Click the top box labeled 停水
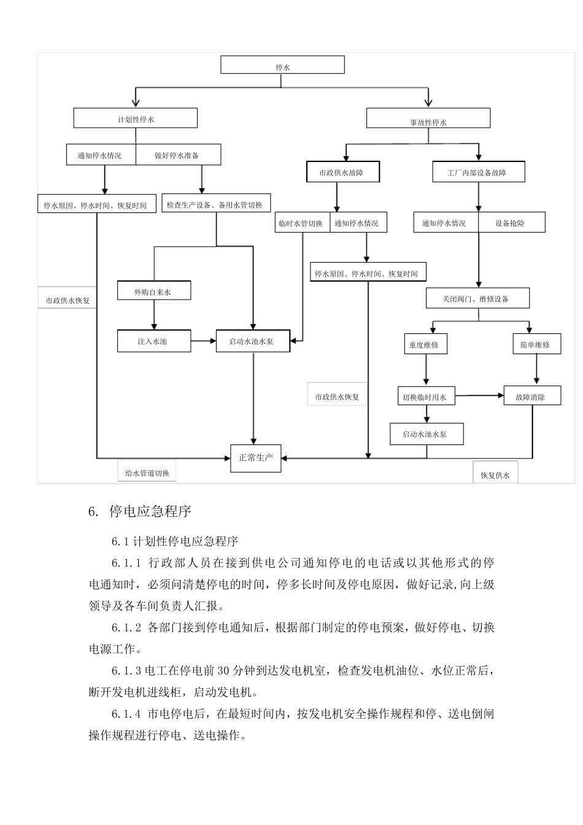[x=282, y=65]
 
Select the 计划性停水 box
[x=136, y=118]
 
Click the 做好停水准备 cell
[x=177, y=155]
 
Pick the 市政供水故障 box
[x=343, y=172]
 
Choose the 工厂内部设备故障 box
[x=478, y=172]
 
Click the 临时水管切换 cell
[x=301, y=223]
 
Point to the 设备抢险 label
[x=511, y=223]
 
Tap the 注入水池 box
[x=153, y=341]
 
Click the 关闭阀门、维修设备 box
[x=477, y=298]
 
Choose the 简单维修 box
[x=535, y=344]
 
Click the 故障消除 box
[x=531, y=397]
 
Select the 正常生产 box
[x=256, y=458]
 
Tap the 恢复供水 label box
[x=495, y=474]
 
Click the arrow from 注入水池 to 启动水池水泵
[x=203, y=341]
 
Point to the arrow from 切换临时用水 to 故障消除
[x=479, y=397]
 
